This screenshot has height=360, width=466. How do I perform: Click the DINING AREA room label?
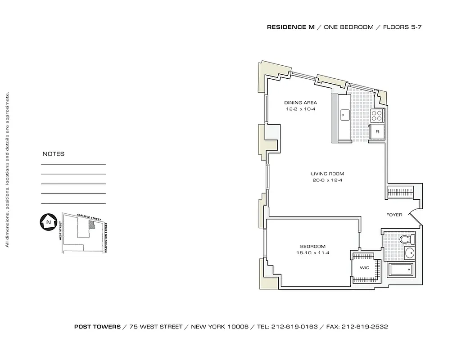300,103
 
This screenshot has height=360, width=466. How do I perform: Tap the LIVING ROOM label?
327,174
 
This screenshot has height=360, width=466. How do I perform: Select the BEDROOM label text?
312,246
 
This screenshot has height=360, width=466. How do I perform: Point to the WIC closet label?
364,268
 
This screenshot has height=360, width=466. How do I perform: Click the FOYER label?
394,215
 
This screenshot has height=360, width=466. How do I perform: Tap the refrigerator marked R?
377,132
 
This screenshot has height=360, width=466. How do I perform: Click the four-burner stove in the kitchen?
376,116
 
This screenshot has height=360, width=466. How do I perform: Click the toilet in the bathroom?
407,239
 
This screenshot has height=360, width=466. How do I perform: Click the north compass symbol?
48,222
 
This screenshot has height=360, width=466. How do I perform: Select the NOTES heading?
54,154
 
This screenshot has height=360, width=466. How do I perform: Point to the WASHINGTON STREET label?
106,238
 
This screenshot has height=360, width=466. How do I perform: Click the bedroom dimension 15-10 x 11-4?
312,253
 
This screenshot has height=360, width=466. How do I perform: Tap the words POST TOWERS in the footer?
97,327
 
